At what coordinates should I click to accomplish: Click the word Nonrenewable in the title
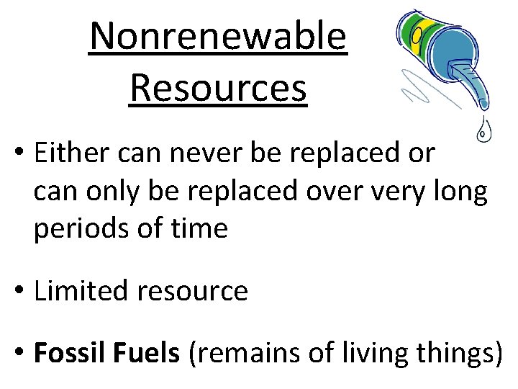click(218, 37)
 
